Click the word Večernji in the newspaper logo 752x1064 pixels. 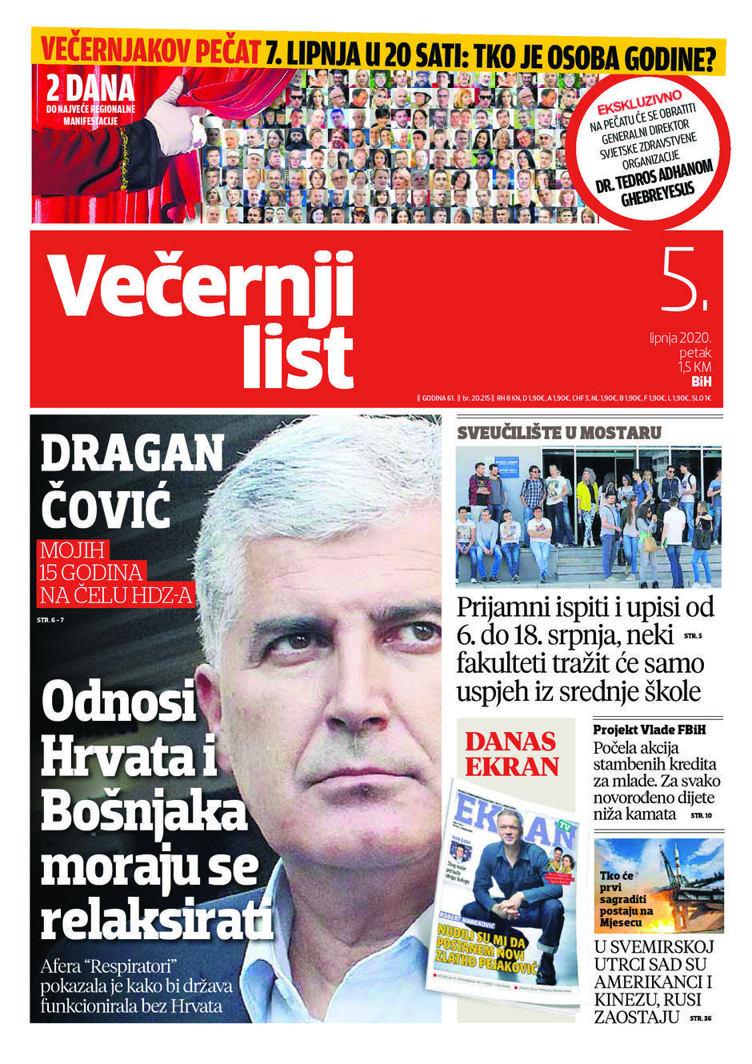click(202, 286)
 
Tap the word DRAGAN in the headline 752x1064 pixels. click(132, 454)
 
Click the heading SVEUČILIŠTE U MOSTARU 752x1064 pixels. click(559, 433)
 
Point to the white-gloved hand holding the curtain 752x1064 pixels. click(176, 124)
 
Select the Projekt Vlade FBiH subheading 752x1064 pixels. click(650, 730)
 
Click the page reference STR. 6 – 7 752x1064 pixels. click(50, 620)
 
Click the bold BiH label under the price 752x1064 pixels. click(701, 382)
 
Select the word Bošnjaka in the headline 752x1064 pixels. click(144, 811)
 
